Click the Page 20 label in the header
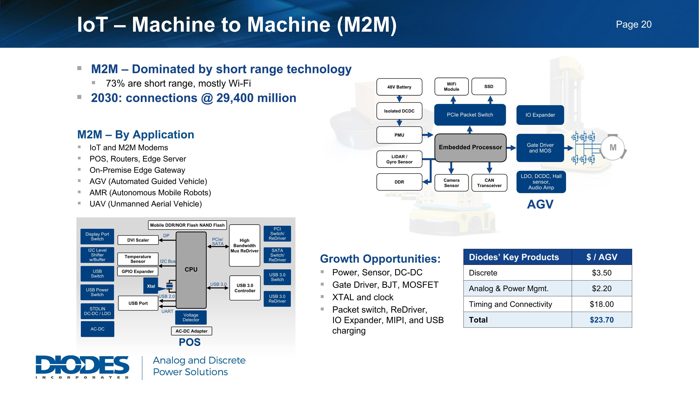(633, 24)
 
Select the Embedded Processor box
(470, 147)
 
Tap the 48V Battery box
(399, 87)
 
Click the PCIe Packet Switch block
(470, 115)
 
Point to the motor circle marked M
(613, 147)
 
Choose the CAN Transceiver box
(489, 183)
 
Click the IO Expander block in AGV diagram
(540, 115)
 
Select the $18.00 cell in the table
(602, 304)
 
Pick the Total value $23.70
(602, 320)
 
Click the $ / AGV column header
(602, 257)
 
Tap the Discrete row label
(483, 273)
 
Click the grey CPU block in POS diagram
(191, 270)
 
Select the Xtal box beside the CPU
(151, 286)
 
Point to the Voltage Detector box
(191, 317)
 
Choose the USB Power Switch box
(97, 292)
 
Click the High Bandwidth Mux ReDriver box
(244, 246)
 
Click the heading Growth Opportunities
(380, 259)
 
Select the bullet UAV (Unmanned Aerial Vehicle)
(145, 204)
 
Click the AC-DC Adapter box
(191, 331)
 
